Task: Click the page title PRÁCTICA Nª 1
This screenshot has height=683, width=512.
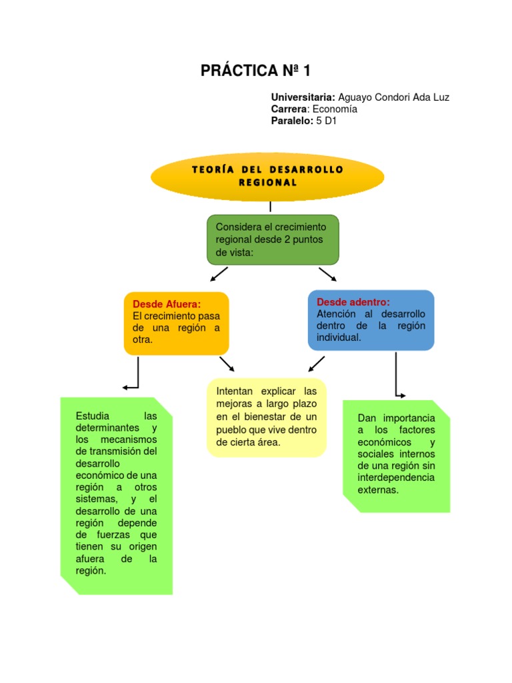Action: click(x=255, y=71)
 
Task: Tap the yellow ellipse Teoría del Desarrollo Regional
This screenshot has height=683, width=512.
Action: click(x=267, y=176)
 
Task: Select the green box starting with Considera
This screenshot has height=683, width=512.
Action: click(x=273, y=239)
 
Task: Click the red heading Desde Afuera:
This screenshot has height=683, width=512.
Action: click(x=167, y=305)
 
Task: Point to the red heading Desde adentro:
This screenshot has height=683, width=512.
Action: click(x=353, y=302)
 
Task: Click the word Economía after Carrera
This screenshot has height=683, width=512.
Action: click(x=335, y=109)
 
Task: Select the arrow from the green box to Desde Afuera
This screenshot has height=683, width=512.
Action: click(x=219, y=274)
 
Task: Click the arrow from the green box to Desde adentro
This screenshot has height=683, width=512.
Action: click(x=327, y=274)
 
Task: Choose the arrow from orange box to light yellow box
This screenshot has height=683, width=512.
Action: click(x=227, y=364)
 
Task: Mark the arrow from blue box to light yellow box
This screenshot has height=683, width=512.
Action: click(x=316, y=364)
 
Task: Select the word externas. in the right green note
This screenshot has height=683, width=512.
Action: click(x=378, y=490)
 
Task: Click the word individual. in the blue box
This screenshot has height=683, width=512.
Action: click(x=339, y=337)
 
